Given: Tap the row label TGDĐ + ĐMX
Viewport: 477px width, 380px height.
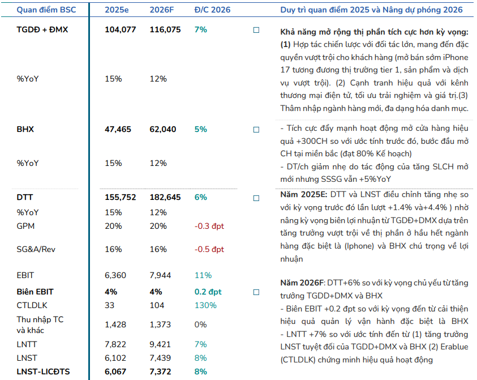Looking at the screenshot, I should click(x=42, y=29).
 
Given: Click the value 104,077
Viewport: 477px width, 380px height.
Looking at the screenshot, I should click(x=121, y=29).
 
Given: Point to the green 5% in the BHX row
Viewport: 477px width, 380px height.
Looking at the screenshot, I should click(x=200, y=129).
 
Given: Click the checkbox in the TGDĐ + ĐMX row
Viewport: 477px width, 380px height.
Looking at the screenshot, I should click(x=256, y=30).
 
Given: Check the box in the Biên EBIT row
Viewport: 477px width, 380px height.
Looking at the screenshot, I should click(x=256, y=292).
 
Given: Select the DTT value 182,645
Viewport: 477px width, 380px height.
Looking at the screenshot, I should click(x=165, y=197).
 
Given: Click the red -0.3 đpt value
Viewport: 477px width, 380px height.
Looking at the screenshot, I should click(x=209, y=226).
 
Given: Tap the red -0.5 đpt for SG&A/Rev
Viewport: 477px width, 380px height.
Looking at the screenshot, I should click(x=209, y=249).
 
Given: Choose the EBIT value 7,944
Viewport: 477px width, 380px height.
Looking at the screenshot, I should click(x=160, y=275).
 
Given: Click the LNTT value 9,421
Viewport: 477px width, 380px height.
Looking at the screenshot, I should click(x=160, y=344).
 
